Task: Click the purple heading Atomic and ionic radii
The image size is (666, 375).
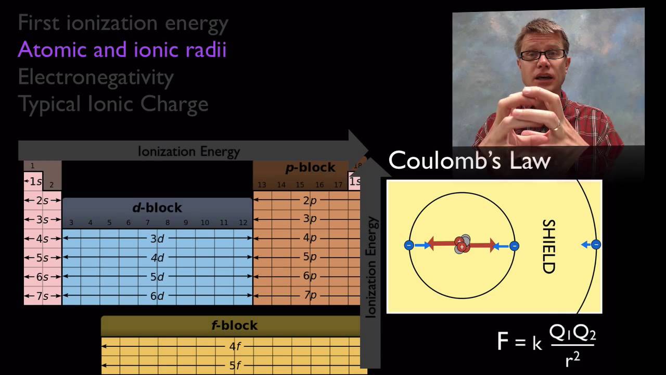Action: click(122, 49)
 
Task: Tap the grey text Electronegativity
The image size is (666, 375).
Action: click(96, 78)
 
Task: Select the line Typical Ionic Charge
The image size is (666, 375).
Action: click(113, 105)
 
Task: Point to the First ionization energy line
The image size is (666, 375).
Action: click(123, 24)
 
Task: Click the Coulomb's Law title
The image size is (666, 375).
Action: click(469, 160)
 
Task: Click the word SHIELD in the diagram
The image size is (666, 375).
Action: click(549, 246)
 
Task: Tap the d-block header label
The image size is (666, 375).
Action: click(157, 208)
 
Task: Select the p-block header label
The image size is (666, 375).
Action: click(311, 168)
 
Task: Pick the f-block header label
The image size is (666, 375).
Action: click(235, 326)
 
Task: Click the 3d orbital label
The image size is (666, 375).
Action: click(157, 239)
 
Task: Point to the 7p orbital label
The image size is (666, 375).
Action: click(310, 295)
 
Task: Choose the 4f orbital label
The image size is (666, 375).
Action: click(235, 346)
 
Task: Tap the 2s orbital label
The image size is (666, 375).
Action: click(42, 201)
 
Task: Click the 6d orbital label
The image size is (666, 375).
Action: click(157, 296)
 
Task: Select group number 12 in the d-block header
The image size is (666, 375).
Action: click(243, 222)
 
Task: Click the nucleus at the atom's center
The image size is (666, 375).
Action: click(462, 244)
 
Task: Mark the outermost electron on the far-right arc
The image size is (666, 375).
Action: click(596, 245)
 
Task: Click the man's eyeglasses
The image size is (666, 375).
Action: click(542, 55)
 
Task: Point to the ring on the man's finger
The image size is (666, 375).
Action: click(556, 127)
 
